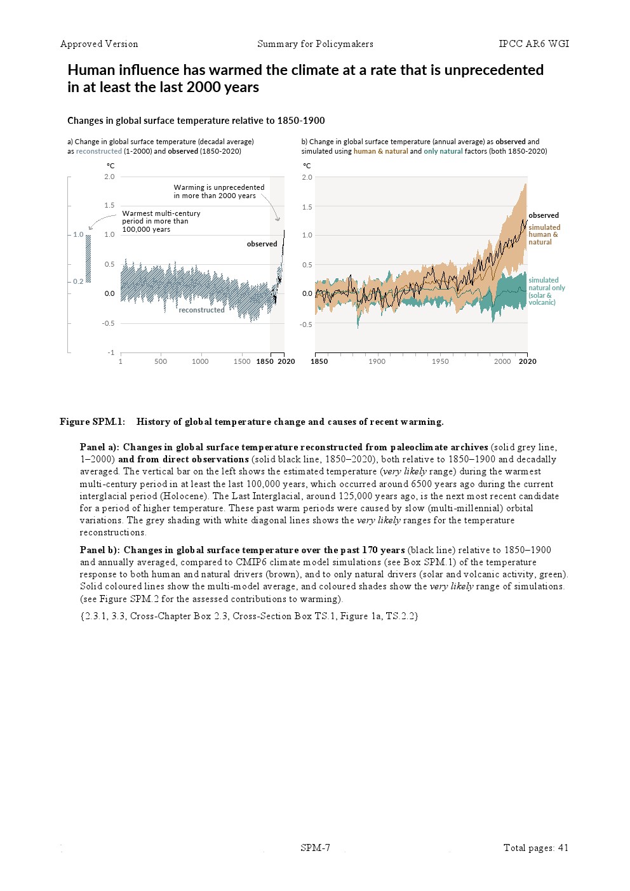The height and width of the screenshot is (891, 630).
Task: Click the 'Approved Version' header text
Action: pyautogui.click(x=99, y=44)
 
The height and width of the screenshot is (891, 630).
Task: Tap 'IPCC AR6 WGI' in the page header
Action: pyautogui.click(x=533, y=44)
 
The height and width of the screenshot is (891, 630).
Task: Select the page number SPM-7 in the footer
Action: pyautogui.click(x=315, y=848)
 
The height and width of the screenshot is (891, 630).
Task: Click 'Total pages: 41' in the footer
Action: pyautogui.click(x=535, y=848)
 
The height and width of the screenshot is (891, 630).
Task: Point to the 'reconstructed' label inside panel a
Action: pyautogui.click(x=201, y=310)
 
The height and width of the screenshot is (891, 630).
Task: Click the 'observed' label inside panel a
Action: pyautogui.click(x=262, y=244)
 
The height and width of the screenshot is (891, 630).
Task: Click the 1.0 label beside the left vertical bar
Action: pyautogui.click(x=78, y=234)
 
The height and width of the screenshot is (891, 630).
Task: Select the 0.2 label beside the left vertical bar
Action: pyautogui.click(x=78, y=281)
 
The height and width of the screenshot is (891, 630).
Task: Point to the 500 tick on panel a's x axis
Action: pyautogui.click(x=161, y=361)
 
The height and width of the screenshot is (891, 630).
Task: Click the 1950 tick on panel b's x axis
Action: pyautogui.click(x=440, y=361)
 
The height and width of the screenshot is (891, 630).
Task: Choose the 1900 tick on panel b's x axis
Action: pyautogui.click(x=377, y=361)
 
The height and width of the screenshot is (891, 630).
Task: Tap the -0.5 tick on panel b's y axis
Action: pyautogui.click(x=306, y=325)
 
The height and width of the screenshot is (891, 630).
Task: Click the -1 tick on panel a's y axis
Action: pyautogui.click(x=111, y=352)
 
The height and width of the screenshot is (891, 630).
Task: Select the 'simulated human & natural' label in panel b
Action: pyautogui.click(x=544, y=234)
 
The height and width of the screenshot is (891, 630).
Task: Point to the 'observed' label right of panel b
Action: pyautogui.click(x=544, y=215)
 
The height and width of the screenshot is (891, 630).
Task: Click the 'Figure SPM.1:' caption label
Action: pyautogui.click(x=93, y=422)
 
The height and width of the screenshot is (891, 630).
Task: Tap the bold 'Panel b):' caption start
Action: pyautogui.click(x=100, y=550)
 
